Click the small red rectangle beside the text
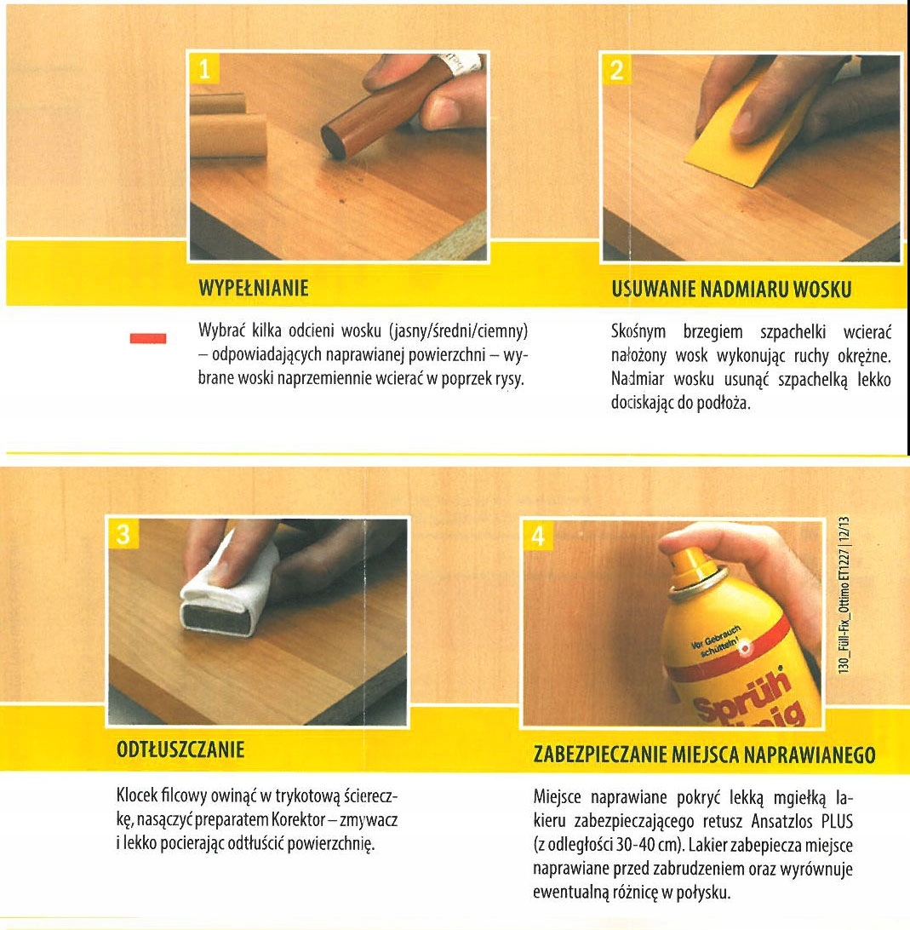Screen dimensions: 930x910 (146, 339)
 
